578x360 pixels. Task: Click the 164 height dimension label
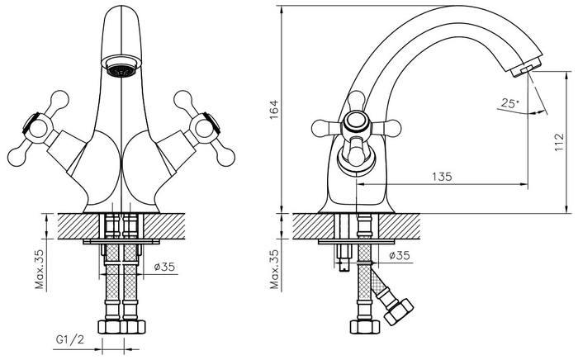[x=275, y=110]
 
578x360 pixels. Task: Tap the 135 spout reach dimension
[x=442, y=177]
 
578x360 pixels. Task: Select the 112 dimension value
[x=559, y=142]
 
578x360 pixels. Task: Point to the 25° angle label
[x=509, y=103]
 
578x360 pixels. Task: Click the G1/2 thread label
[x=70, y=339]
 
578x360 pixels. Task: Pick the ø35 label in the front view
[x=164, y=267]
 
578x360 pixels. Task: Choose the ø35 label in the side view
[x=400, y=255]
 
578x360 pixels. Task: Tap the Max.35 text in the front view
[x=39, y=269]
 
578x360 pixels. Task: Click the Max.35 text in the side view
[x=274, y=269]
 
